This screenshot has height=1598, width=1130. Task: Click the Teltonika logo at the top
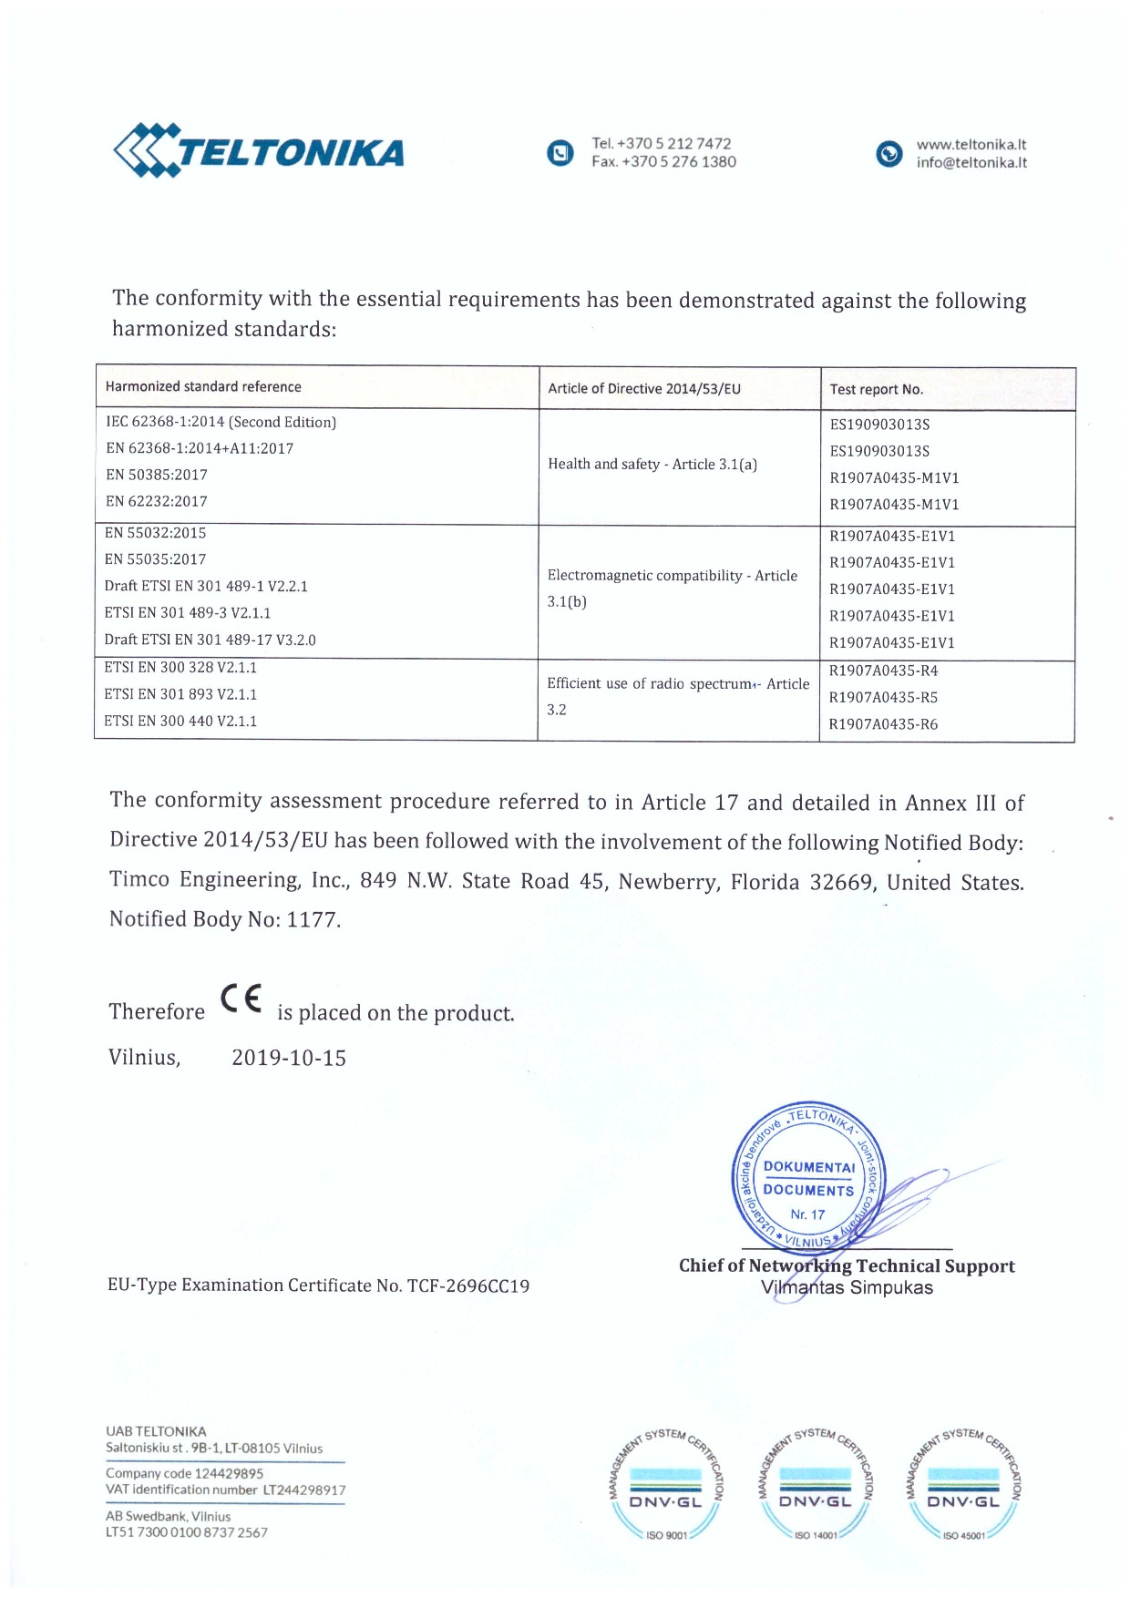[259, 150]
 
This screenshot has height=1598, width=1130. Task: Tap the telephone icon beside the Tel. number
[560, 153]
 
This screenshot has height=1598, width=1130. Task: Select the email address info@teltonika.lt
[971, 163]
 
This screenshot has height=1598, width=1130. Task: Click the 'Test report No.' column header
[876, 390]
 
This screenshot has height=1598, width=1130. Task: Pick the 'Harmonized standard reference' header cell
[203, 387]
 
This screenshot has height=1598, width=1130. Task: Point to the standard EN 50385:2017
[157, 475]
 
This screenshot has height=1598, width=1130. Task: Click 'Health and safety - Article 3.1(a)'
[652, 465]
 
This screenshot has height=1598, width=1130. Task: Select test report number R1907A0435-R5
[883, 698]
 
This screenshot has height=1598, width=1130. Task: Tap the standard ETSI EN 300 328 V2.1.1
[180, 668]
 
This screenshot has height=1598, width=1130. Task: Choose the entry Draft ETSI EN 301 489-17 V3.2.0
[210, 640]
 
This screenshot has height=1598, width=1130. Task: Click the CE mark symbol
[241, 999]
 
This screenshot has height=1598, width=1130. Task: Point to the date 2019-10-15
[289, 1059]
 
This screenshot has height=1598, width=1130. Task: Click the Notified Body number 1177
[312, 920]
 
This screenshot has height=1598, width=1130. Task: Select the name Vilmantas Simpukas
[847, 1288]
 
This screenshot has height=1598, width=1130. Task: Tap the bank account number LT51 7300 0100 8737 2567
[187, 1532]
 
